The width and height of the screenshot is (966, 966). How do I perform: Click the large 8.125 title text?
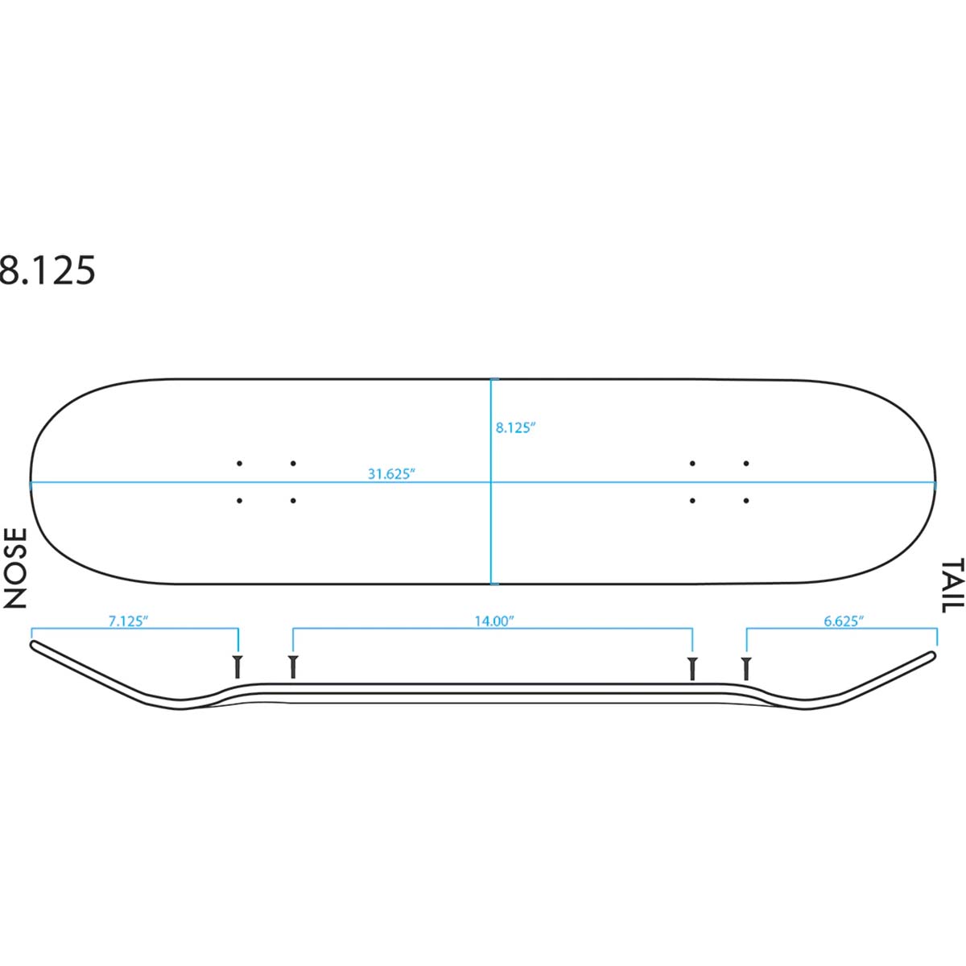click(47, 270)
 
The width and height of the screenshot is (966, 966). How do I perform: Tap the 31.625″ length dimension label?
click(391, 473)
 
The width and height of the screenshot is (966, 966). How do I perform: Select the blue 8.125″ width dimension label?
click(516, 427)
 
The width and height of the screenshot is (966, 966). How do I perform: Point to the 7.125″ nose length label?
click(128, 621)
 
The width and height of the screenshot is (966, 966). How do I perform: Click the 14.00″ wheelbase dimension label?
click(494, 621)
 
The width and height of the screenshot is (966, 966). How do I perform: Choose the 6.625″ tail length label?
click(844, 621)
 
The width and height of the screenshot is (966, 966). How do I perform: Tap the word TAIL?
click(952, 585)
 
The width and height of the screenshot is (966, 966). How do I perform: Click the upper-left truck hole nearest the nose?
click(239, 463)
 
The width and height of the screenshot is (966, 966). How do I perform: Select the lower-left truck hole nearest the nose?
click(239, 500)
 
